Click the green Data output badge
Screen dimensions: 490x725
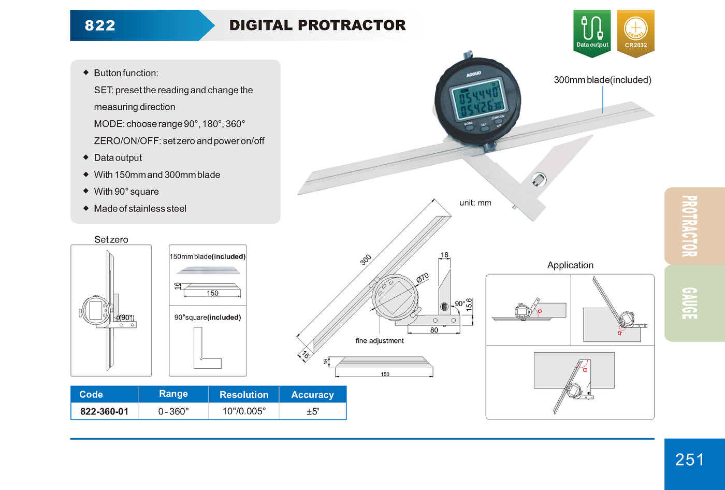(592, 32)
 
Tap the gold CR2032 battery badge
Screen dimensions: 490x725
(635, 32)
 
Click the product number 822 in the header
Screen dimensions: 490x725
(100, 25)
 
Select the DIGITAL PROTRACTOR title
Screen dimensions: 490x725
(317, 25)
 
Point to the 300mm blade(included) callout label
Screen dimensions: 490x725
(602, 80)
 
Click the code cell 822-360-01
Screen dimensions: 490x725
(104, 411)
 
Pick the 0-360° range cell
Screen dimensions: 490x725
(173, 411)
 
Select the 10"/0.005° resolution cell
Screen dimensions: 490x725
(244, 411)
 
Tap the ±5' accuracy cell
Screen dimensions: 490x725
(312, 411)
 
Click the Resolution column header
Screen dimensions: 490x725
(244, 395)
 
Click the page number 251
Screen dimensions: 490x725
(689, 459)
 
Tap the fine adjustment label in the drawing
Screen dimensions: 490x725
(380, 340)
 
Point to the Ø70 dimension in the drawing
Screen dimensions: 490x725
(423, 278)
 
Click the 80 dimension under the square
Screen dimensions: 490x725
(434, 330)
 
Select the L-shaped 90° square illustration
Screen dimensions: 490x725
(207, 348)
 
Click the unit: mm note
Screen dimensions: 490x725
(475, 203)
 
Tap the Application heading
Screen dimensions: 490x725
(570, 265)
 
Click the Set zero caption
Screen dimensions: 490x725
(111, 239)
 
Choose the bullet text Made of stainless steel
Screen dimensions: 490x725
(140, 208)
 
